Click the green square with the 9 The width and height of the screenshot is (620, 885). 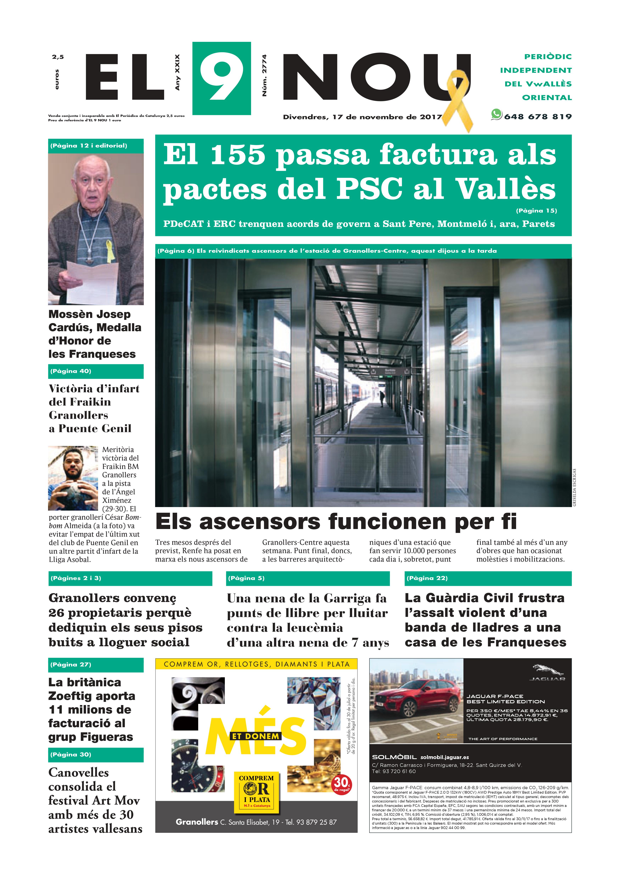click(221, 78)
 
